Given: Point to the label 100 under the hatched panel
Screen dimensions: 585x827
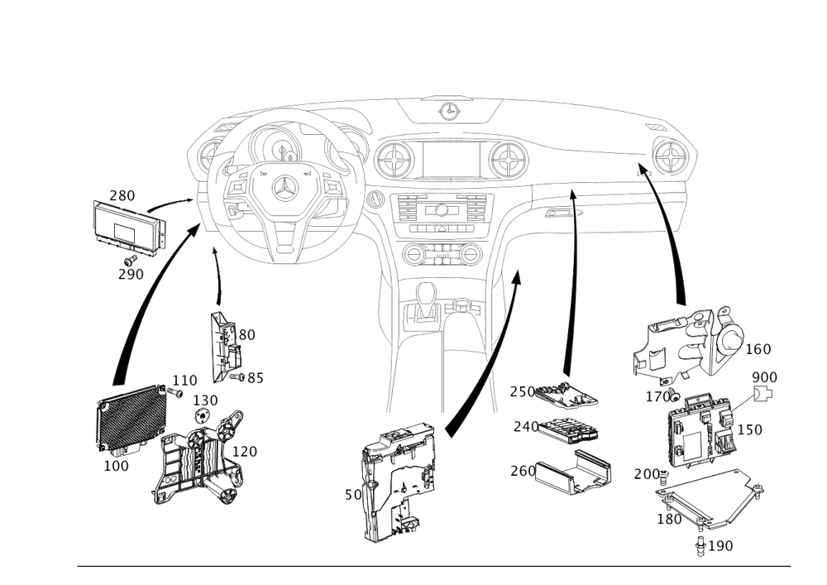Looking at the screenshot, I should [x=117, y=467].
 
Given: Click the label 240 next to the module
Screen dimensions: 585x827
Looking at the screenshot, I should [x=525, y=426].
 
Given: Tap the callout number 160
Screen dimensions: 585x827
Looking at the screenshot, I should [x=758, y=350].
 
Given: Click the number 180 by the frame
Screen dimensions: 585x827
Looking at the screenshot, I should [x=668, y=520].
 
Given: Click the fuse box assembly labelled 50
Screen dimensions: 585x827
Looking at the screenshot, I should [x=401, y=476].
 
